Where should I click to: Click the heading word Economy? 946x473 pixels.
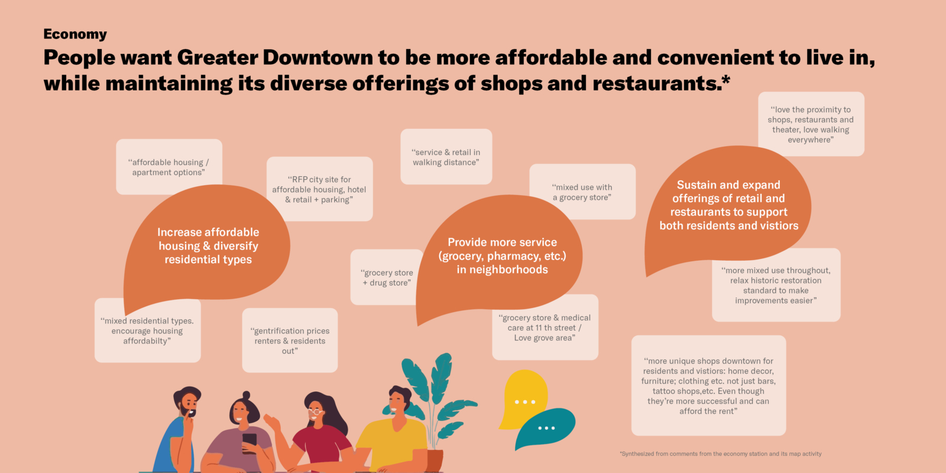[75, 34]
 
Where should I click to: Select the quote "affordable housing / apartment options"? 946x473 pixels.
[169, 167]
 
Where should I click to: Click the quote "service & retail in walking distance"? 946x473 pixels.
[446, 157]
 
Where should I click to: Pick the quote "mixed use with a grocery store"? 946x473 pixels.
[582, 192]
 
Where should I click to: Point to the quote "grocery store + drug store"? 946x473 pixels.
[387, 277]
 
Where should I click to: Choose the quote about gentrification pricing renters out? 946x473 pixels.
[290, 341]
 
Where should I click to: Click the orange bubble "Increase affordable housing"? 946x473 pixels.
[208, 245]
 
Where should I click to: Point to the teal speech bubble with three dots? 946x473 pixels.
[546, 428]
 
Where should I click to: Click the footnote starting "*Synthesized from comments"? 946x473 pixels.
[721, 454]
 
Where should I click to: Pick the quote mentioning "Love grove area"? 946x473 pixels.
[545, 328]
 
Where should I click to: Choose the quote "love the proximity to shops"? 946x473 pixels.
[811, 124]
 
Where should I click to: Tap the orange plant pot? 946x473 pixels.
[434, 461]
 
